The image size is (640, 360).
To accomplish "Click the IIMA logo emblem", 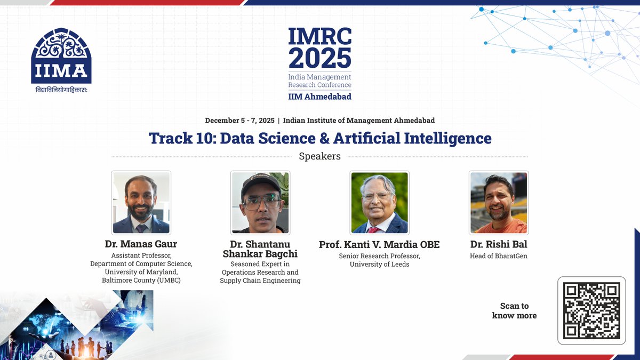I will point(61,55).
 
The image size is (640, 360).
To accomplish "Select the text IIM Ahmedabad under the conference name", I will point(319,97).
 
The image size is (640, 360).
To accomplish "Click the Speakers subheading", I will point(319,156).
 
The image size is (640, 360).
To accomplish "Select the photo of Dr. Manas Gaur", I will point(141,203).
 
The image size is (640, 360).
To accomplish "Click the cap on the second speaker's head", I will point(260,183).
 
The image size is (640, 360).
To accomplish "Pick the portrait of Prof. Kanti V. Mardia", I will point(379,203).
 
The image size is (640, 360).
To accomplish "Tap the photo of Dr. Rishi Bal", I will point(498,203).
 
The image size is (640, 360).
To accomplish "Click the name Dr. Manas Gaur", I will point(141,244).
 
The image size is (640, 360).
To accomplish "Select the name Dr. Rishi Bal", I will point(498,244).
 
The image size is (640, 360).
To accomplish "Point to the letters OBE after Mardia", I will point(429,244).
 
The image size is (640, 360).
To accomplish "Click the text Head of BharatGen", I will point(498,255).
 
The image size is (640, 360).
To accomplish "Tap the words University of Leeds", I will point(379,264).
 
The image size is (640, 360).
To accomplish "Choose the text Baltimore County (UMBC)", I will point(141,280).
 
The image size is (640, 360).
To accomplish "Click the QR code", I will point(591,311).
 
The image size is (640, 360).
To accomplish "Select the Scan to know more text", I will point(514,310).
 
